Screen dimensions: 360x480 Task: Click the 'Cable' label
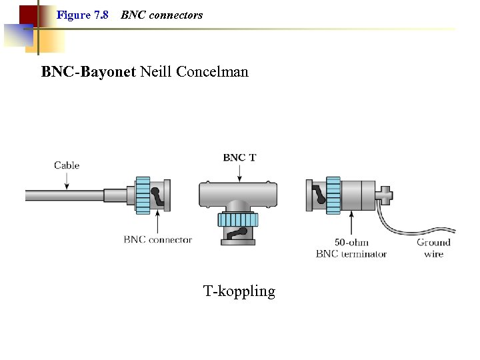[67, 165]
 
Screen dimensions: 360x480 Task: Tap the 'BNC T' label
[239, 158]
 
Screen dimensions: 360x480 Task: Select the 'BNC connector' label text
[157, 240]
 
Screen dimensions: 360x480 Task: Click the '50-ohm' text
[351, 243]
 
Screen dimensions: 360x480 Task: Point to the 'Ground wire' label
[433, 248]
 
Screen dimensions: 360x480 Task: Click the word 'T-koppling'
[239, 291]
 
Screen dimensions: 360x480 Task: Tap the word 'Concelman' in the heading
[212, 71]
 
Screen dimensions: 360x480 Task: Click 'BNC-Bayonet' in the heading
[88, 71]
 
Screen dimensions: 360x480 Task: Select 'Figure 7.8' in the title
[83, 15]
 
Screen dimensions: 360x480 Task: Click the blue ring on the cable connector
[143, 195]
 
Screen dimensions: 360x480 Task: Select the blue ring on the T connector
[239, 220]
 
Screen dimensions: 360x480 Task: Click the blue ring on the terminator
[333, 195]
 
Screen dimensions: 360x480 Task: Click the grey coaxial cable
[67, 195]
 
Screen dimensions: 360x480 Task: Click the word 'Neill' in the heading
[155, 71]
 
